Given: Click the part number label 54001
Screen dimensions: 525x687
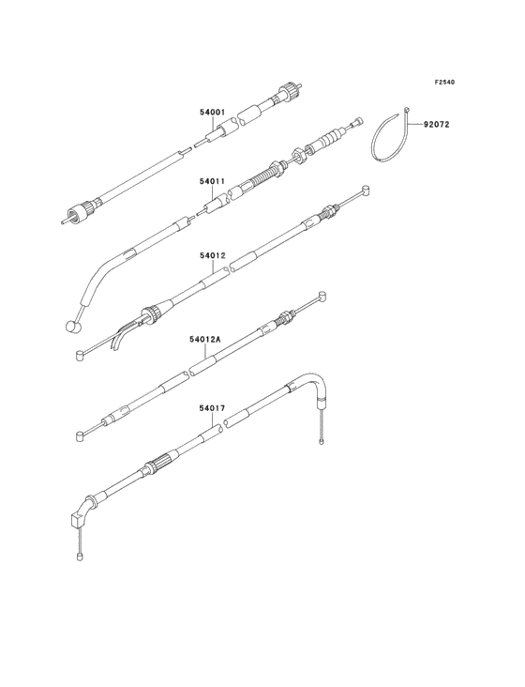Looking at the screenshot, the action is coord(213,113).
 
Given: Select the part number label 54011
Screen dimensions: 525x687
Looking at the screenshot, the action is coord(213,180).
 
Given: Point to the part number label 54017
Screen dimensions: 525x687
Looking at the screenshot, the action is coord(212,408).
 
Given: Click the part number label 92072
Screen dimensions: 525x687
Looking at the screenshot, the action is coord(436,125).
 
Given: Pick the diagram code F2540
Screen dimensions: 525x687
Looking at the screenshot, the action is coord(444,82).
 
